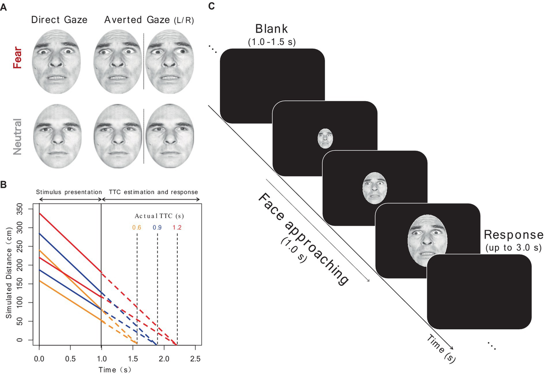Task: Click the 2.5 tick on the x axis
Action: pyautogui.click(x=195, y=358)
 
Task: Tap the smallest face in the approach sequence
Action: pyautogui.click(x=325, y=138)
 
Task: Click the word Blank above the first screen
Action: pyautogui.click(x=272, y=29)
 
